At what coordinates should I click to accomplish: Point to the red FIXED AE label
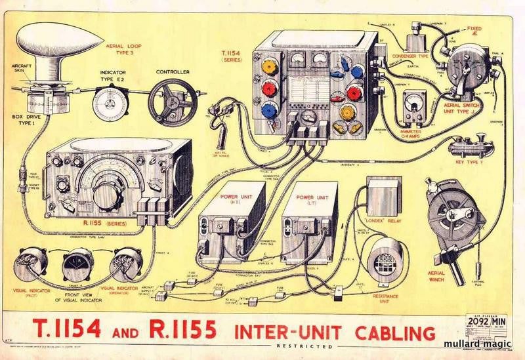[476, 33]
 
